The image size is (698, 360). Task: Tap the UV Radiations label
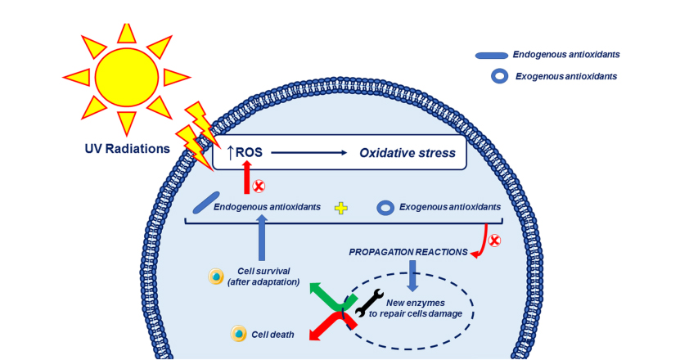click(127, 149)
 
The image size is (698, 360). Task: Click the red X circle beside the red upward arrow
click(259, 186)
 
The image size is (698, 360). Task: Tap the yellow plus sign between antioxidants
click(341, 208)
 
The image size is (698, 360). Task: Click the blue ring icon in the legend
click(499, 76)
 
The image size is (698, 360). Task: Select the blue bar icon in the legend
click(491, 56)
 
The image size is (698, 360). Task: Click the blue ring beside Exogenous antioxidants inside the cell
click(385, 208)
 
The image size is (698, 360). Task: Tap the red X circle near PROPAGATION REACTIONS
click(493, 241)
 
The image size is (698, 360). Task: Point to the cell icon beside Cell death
click(239, 333)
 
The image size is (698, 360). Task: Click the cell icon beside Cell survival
click(216, 277)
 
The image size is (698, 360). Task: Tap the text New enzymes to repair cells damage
click(415, 308)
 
